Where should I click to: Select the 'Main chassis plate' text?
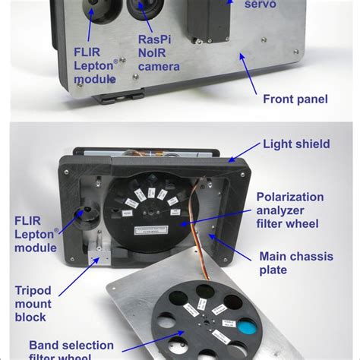tap(293, 263)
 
